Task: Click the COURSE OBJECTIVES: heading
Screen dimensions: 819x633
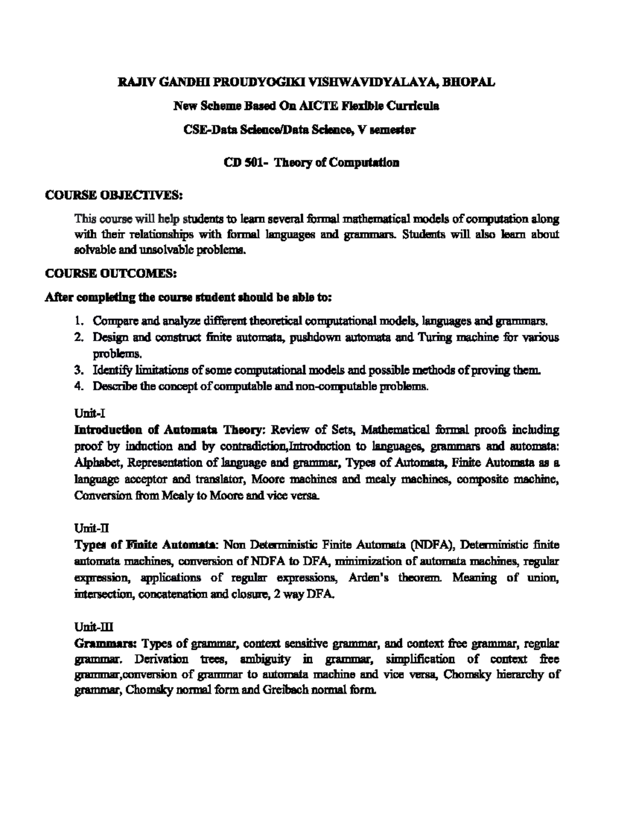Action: tap(113, 196)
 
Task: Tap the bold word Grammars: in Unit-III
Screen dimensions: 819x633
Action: tap(106, 643)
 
